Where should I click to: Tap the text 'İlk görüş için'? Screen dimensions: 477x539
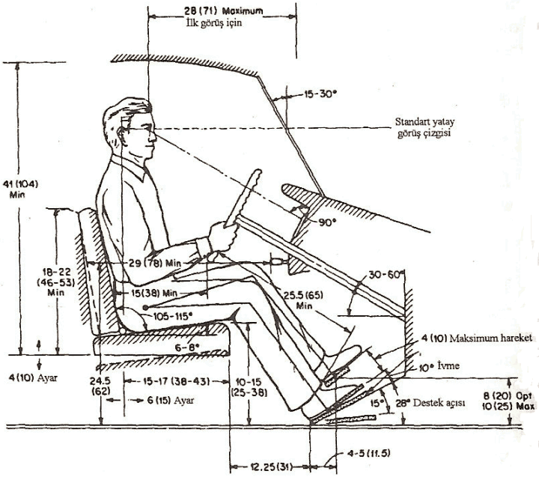click(216, 23)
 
